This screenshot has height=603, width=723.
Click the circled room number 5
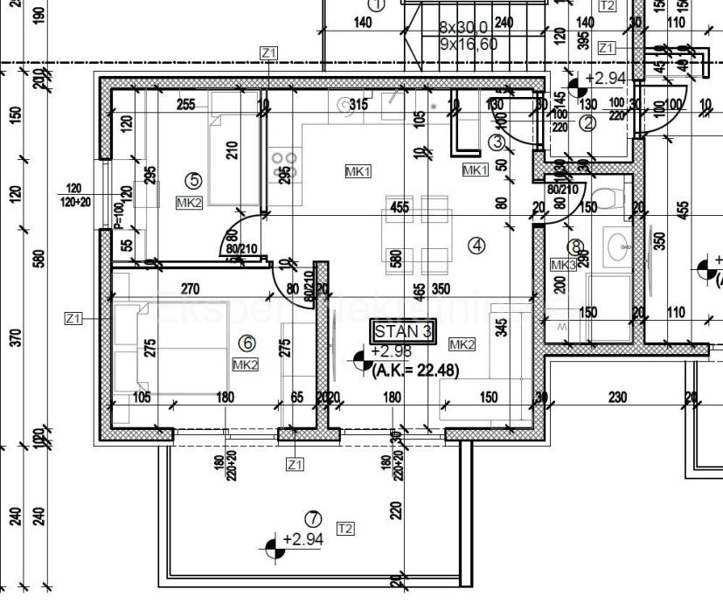coord(194,181)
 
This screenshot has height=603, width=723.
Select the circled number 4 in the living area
coord(476,246)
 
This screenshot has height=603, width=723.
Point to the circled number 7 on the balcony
coord(312,519)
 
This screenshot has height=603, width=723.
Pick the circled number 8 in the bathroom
coord(574,247)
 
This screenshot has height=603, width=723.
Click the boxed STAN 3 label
coord(403,331)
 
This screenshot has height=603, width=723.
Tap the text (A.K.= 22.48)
coord(415,370)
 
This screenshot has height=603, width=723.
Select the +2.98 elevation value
coord(389,351)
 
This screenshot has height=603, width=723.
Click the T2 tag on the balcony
coord(345,528)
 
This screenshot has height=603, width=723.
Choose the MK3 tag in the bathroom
coord(563,264)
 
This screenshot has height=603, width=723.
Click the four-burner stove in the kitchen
coord(285,166)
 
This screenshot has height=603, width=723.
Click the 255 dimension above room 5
coord(185,105)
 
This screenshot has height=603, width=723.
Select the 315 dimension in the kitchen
coord(358,105)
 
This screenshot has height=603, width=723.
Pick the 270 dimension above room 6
coord(189,288)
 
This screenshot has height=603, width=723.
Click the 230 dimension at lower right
coord(617,397)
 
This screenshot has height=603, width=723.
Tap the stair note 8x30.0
coord(462,28)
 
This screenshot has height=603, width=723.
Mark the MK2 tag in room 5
coord(190,203)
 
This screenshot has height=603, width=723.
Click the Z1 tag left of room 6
coord(73,319)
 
